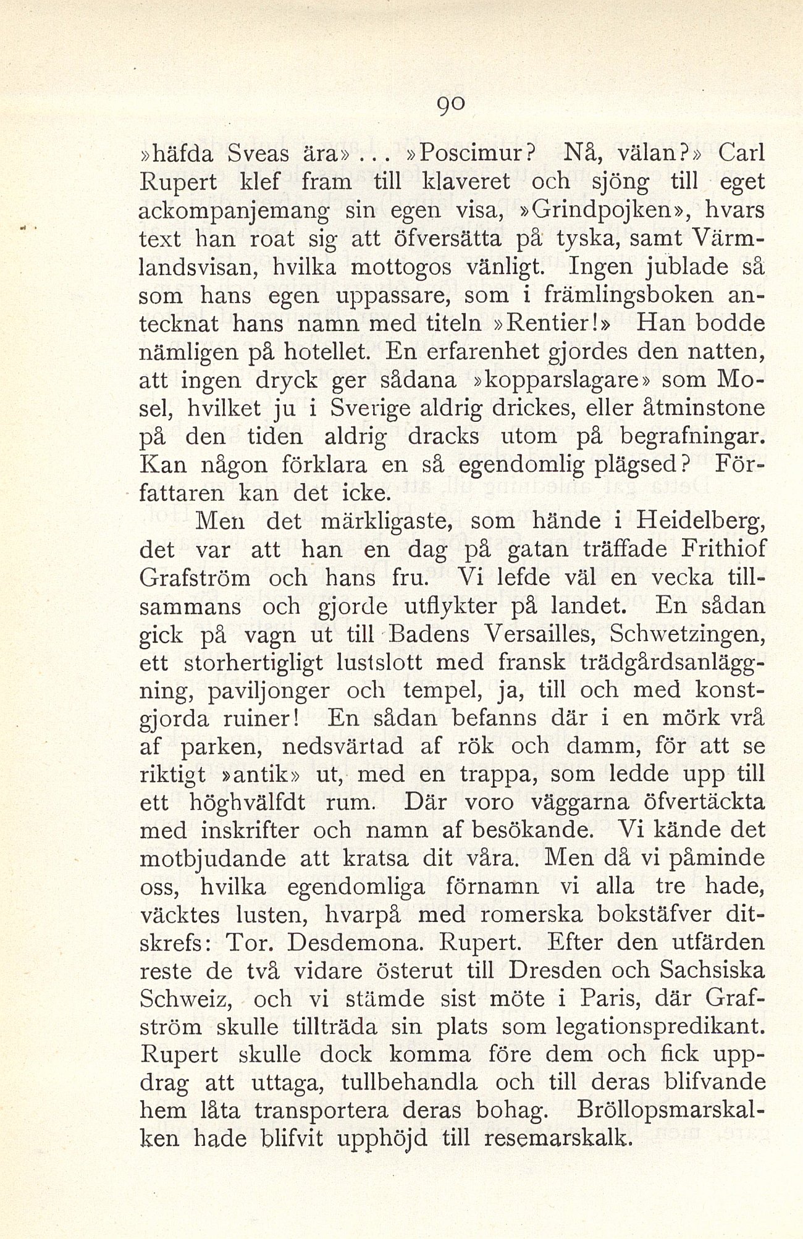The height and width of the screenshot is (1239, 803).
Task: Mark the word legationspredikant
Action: pos(661,1028)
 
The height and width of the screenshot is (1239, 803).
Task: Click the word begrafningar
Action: pos(685,437)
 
